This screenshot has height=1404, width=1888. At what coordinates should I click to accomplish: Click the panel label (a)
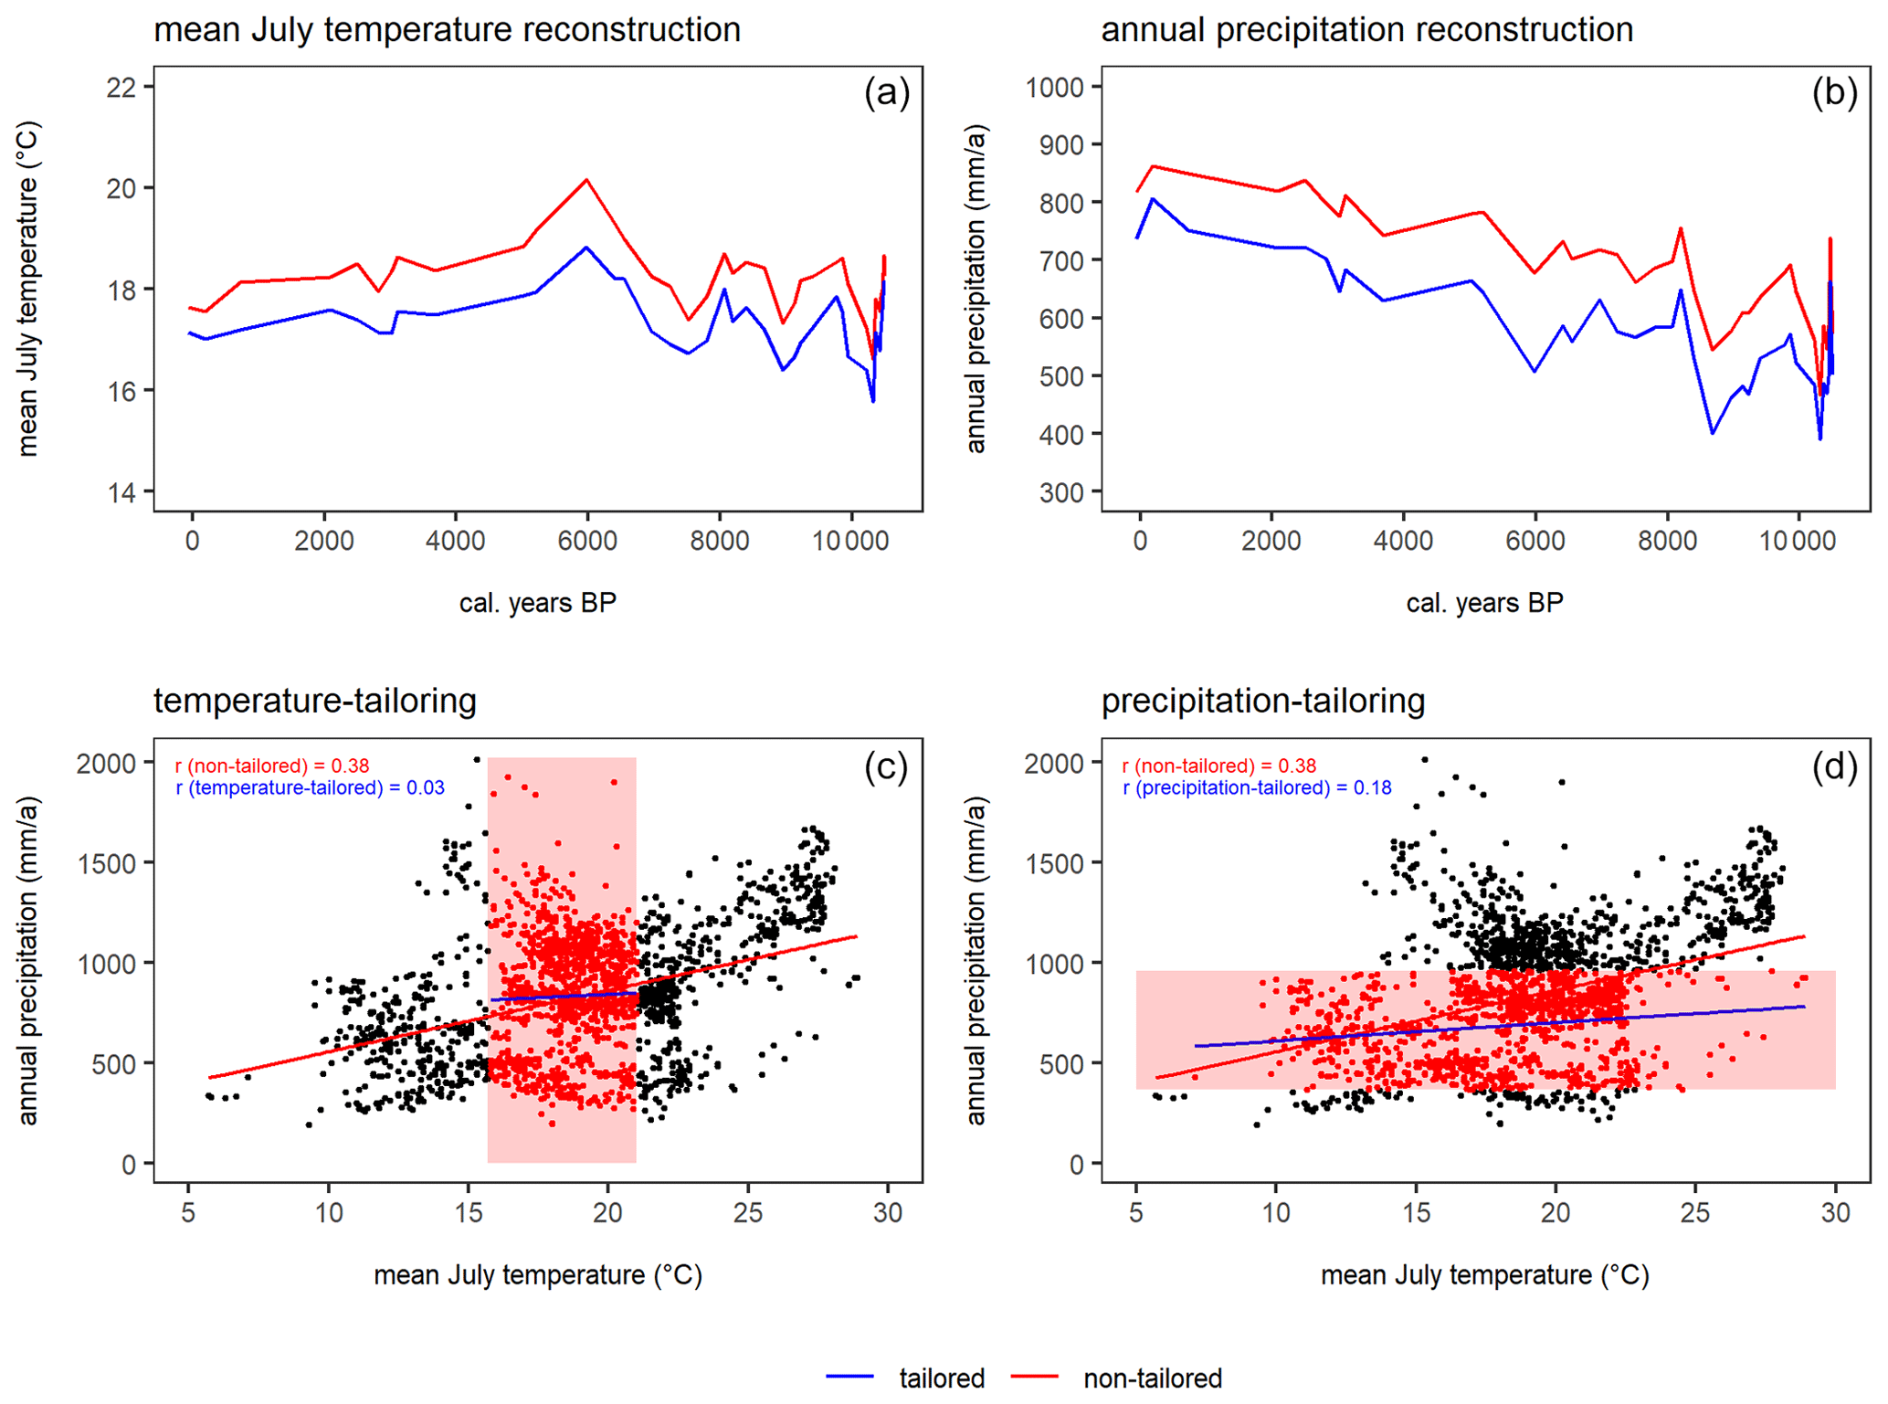(x=886, y=92)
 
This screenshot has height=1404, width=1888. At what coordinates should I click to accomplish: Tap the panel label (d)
(x=1834, y=766)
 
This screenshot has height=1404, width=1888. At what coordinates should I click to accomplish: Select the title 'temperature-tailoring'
(x=315, y=701)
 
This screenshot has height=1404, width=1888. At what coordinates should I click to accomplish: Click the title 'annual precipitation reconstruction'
(x=1366, y=29)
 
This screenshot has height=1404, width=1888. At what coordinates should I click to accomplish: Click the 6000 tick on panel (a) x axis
(x=587, y=541)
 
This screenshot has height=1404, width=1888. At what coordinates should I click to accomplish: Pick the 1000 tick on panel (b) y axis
(x=1054, y=88)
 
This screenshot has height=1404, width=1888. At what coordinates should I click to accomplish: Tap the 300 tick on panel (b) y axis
(x=1062, y=493)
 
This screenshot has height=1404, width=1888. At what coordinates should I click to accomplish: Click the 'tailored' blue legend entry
(x=941, y=1378)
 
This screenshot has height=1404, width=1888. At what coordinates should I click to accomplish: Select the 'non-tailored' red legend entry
(x=1152, y=1378)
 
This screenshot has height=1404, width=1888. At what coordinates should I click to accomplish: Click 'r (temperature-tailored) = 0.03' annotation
(x=311, y=787)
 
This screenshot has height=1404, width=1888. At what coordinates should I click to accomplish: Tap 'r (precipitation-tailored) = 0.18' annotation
(x=1257, y=787)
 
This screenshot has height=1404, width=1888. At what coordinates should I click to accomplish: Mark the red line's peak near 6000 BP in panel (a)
(x=587, y=180)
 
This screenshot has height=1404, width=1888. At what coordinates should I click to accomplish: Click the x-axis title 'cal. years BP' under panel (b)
(x=1484, y=603)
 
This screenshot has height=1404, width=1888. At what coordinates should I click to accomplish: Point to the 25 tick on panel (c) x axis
(x=748, y=1212)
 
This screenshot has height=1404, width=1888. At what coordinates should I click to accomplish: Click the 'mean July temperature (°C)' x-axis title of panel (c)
(x=538, y=1274)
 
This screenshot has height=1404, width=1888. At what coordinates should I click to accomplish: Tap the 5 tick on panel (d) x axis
(x=1136, y=1212)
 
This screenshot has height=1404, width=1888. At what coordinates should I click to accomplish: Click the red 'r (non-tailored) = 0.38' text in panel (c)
(x=272, y=765)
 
